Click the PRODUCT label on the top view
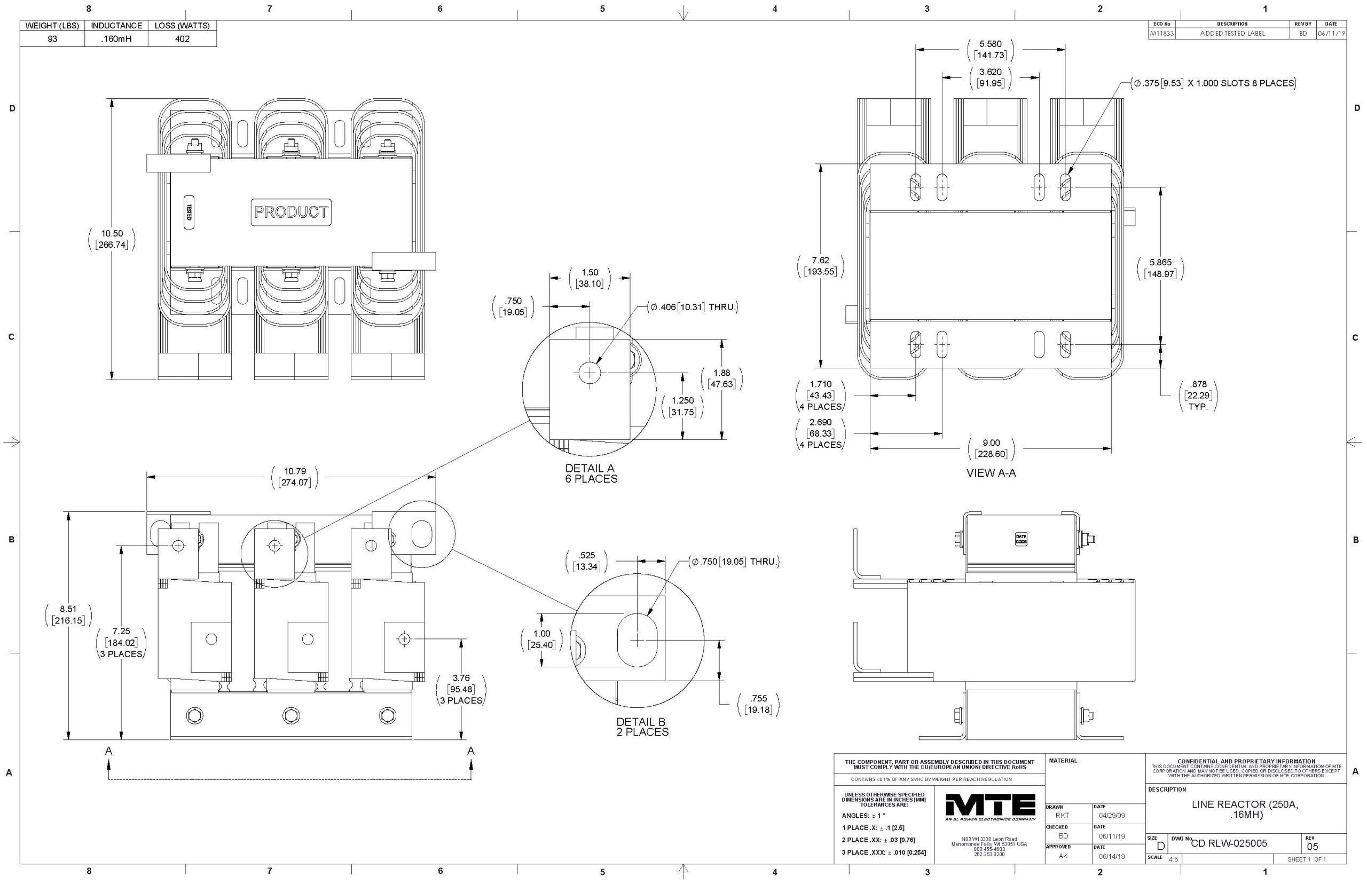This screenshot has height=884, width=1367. [291, 212]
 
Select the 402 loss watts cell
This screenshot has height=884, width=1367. [182, 39]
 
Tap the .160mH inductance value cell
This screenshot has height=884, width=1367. [116, 39]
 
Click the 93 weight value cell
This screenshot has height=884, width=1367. [52, 39]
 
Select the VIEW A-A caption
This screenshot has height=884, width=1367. [991, 473]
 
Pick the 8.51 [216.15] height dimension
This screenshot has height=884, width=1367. [68, 615]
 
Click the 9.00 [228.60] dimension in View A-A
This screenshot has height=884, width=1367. [991, 448]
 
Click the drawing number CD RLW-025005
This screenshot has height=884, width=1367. [1229, 843]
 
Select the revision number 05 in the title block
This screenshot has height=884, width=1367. [1313, 846]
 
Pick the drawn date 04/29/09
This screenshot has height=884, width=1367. [1112, 815]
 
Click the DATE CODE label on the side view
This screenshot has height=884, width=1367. [1021, 539]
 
